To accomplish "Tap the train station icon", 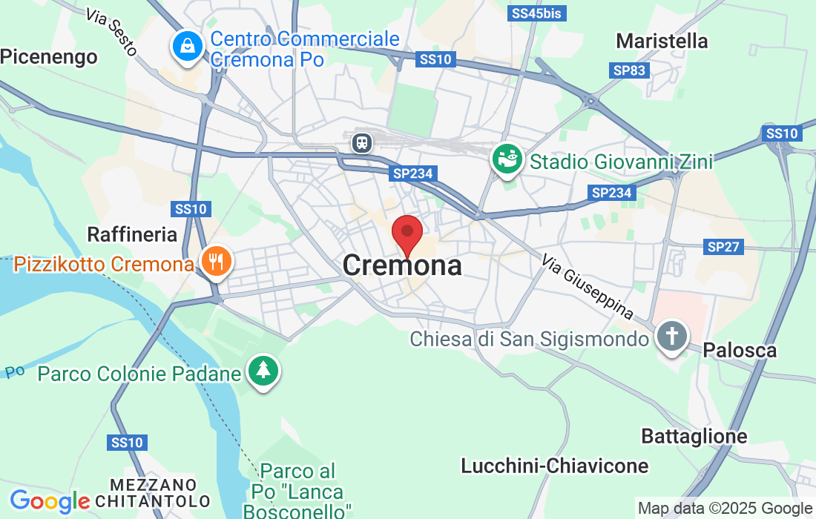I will (362, 141).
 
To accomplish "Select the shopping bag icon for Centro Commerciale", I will (187, 46).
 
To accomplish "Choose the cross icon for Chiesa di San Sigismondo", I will (671, 337).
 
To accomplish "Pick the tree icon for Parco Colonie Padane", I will (263, 370).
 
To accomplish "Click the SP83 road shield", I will (629, 70).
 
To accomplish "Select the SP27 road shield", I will (723, 246).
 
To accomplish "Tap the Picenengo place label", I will (49, 57).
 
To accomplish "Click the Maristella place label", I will (662, 41).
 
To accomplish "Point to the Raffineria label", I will (132, 235).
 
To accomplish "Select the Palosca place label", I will (740, 350).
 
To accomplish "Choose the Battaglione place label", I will (694, 437).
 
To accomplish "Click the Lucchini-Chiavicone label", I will (554, 466).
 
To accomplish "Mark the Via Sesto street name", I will (111, 32).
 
